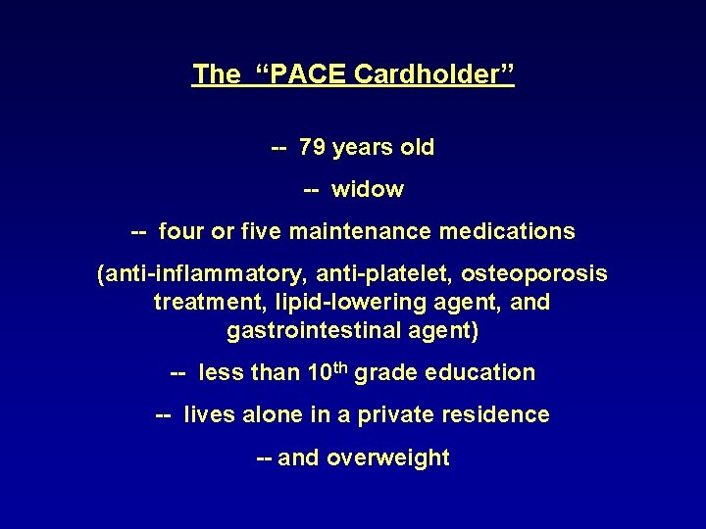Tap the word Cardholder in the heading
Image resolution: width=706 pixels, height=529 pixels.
[433, 74]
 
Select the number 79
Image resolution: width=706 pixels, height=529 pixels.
[313, 148]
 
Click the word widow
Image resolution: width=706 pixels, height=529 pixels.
[368, 190]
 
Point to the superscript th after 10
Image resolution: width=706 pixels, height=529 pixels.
[339, 367]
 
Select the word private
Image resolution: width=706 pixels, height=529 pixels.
[395, 415]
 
